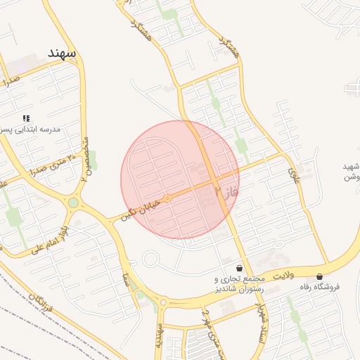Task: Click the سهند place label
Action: (61, 53)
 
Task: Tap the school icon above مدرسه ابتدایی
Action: (26, 118)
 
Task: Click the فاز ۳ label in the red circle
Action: (227, 191)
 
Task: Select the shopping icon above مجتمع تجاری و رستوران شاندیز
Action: (240, 268)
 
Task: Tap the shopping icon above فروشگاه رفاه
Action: (320, 276)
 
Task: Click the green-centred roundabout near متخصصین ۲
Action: (73, 203)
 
